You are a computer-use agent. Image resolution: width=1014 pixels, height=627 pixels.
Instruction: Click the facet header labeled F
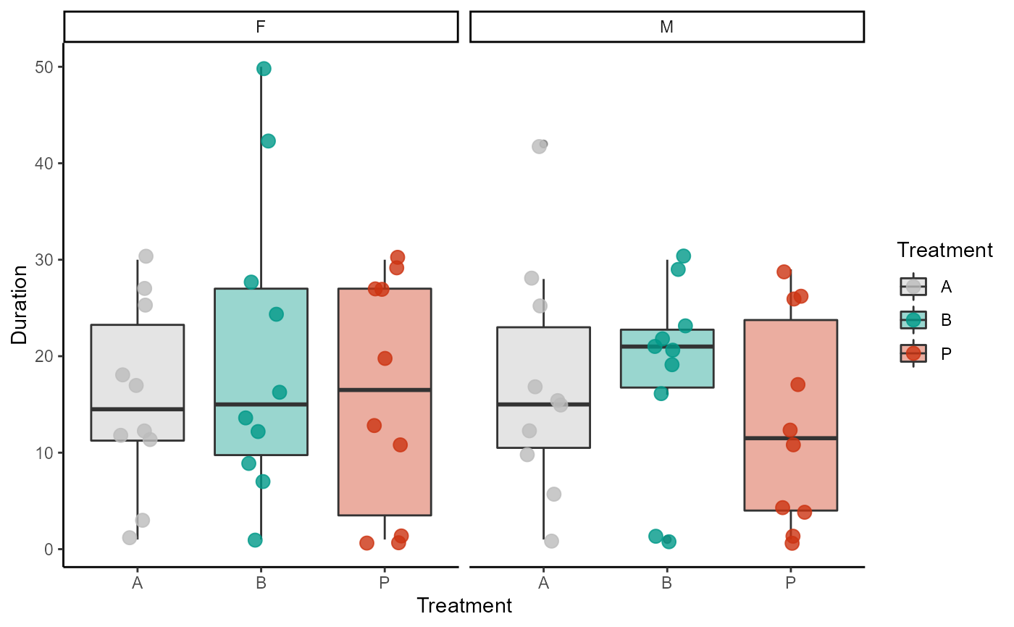tap(261, 27)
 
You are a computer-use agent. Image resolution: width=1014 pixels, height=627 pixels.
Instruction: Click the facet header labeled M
tap(667, 27)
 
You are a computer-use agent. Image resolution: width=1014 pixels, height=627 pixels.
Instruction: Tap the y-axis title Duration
tap(20, 304)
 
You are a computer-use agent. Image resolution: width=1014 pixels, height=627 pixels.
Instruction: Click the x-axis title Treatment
tap(464, 605)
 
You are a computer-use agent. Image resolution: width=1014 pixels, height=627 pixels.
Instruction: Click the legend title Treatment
tap(944, 251)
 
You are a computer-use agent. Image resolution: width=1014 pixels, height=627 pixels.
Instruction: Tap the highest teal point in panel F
tap(264, 69)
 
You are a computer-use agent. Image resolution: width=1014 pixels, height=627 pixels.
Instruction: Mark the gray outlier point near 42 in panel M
tap(539, 146)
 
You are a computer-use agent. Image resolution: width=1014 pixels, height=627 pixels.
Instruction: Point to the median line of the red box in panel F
tap(385, 390)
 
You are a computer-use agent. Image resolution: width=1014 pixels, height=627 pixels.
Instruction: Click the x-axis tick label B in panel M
tap(666, 581)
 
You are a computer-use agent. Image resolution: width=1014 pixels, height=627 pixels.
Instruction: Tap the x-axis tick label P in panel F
tap(384, 581)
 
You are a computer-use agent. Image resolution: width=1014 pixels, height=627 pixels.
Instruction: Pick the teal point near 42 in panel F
tap(268, 140)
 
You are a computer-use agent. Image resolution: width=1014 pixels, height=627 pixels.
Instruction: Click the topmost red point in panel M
tap(784, 272)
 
